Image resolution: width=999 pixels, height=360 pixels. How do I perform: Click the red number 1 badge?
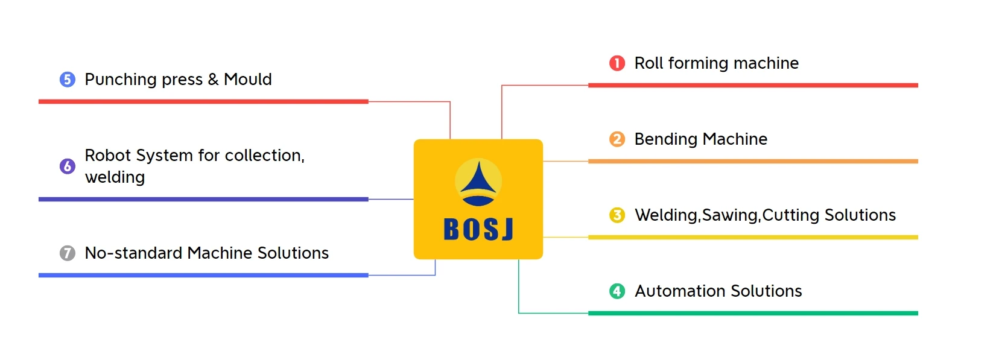[617, 63]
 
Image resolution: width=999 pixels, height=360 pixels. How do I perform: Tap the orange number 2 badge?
[617, 139]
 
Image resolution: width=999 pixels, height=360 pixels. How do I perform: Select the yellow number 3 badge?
[617, 215]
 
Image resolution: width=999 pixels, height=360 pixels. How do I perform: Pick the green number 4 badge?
[617, 291]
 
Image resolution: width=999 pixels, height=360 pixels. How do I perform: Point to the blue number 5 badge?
[68, 80]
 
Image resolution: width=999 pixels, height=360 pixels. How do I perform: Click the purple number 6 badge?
[68, 166]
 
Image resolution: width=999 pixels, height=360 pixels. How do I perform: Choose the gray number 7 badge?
[68, 253]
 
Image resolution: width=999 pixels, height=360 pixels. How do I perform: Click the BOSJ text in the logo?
[478, 230]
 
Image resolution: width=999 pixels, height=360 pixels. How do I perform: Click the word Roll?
[649, 63]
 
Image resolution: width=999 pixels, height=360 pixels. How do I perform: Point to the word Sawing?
[730, 215]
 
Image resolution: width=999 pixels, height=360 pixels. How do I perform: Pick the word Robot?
[108, 156]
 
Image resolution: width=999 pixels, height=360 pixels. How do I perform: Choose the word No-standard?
[133, 253]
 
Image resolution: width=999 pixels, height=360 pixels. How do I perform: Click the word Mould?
[248, 80]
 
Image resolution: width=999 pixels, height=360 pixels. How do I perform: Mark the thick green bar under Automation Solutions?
[753, 313]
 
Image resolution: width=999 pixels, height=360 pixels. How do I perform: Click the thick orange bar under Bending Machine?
[753, 161]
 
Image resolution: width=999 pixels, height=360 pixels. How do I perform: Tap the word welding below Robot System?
[115, 177]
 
